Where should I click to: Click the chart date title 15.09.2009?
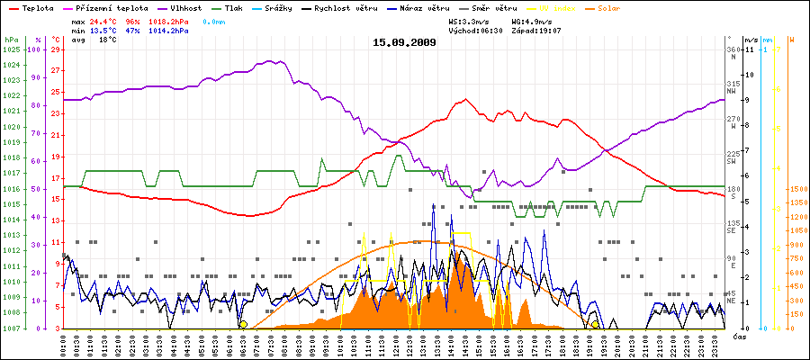404,41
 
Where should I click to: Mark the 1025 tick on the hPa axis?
11,49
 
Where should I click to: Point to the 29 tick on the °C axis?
56,49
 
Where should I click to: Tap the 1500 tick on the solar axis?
796,190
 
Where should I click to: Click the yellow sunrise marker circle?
243,324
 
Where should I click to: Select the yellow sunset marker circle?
595,324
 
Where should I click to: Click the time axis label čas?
738,336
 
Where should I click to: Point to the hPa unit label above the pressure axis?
11,40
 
